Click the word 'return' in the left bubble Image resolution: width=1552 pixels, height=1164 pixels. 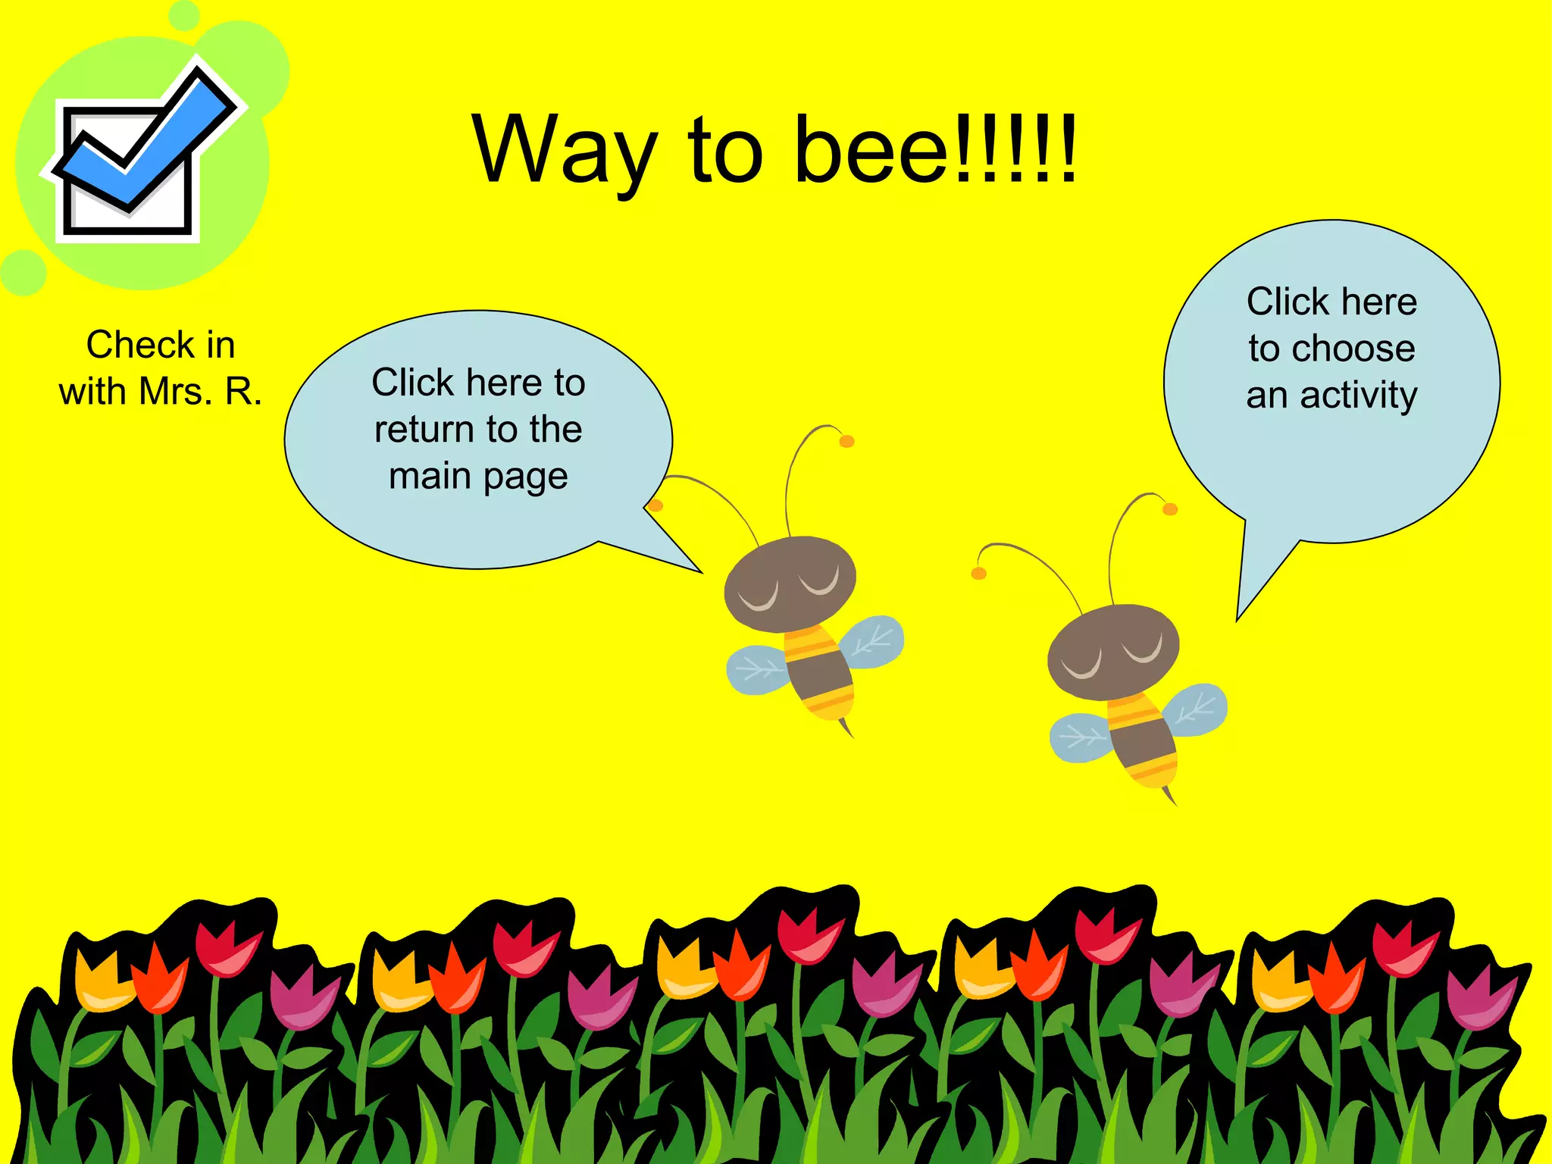[424, 430]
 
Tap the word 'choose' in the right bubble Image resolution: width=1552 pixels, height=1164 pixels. [1353, 349]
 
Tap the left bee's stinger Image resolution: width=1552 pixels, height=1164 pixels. [846, 728]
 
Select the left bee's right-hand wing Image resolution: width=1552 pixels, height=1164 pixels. [874, 641]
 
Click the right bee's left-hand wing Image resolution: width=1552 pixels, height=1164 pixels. [1081, 737]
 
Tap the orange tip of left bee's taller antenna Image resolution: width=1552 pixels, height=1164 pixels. [846, 441]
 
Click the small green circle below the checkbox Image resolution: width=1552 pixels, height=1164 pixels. [23, 272]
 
